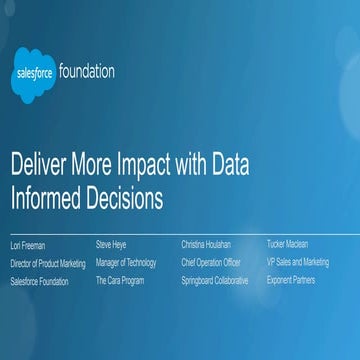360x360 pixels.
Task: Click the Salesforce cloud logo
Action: click(x=33, y=74)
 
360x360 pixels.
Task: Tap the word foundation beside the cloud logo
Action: click(x=87, y=72)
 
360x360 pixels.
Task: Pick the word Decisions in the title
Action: click(x=126, y=198)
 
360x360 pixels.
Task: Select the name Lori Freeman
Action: click(x=28, y=244)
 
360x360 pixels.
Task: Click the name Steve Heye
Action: click(x=112, y=243)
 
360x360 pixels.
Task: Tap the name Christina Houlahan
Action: click(x=206, y=243)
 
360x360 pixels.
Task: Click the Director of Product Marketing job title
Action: click(x=48, y=263)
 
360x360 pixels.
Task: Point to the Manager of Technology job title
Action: click(x=126, y=262)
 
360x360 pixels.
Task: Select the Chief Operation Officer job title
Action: click(x=212, y=262)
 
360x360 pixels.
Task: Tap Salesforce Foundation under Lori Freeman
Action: click(x=40, y=282)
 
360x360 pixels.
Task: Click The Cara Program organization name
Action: click(x=119, y=281)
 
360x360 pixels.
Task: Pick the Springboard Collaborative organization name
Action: click(x=215, y=281)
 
